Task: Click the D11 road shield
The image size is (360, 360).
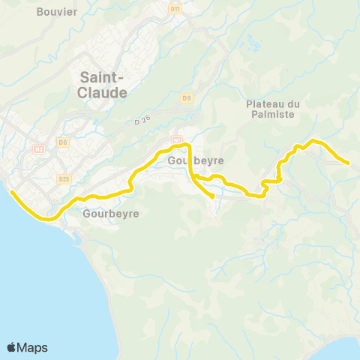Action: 176,9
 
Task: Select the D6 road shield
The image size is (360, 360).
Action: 63,142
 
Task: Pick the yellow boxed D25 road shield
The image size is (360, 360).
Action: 64,178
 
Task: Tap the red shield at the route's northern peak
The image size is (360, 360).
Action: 177,139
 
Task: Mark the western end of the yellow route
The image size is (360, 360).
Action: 11,191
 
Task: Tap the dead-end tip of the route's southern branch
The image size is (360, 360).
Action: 214,197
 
